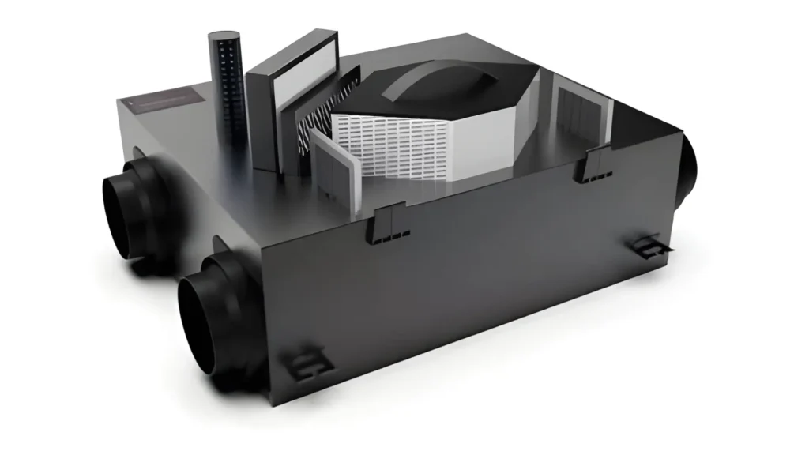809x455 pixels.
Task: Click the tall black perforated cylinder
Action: (x=228, y=95)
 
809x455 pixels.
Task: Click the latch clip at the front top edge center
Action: (x=389, y=220)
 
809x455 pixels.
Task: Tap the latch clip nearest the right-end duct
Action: (x=593, y=167)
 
